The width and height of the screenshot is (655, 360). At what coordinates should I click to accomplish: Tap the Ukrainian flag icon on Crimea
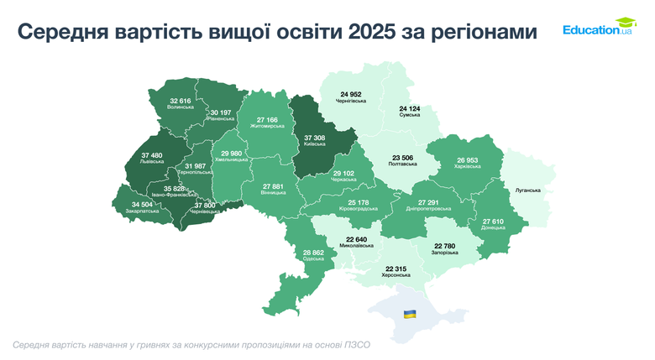click(410, 314)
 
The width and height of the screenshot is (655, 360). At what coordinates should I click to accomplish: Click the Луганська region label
click(528, 190)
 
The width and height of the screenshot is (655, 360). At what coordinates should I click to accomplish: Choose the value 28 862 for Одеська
click(312, 252)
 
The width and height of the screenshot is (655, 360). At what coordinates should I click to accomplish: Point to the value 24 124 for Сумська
click(410, 109)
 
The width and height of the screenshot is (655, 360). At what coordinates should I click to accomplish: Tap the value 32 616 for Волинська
click(181, 101)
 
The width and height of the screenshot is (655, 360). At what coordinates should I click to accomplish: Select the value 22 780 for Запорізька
click(443, 245)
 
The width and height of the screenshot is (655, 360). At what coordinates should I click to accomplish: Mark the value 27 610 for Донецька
click(495, 221)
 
